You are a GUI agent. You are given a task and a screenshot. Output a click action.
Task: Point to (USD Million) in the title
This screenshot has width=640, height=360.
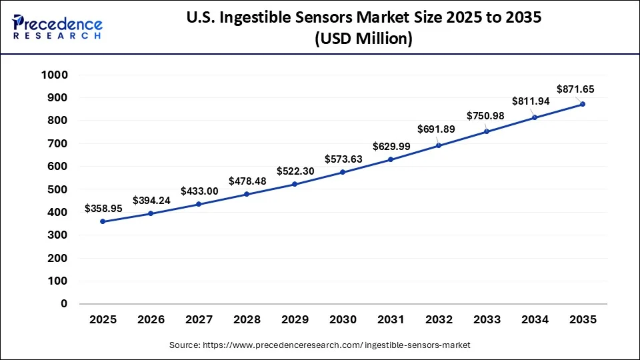(363, 39)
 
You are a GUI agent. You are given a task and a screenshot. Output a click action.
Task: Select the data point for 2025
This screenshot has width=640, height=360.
(103, 221)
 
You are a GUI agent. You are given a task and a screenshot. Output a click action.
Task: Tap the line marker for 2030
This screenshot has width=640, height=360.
(343, 172)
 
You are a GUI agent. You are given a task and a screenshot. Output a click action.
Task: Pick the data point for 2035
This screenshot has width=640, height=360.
(583, 104)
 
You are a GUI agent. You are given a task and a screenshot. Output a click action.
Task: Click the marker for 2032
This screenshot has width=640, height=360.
(439, 145)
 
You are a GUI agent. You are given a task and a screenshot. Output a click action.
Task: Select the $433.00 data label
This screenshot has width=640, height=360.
(199, 191)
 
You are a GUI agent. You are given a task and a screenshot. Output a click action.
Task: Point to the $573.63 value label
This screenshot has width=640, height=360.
(343, 159)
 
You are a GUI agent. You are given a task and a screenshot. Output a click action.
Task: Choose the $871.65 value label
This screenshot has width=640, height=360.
(576, 89)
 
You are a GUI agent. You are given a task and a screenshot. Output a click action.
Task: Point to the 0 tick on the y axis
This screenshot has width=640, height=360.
(64, 304)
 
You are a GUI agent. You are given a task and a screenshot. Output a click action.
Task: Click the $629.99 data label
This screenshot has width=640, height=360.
(391, 146)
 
